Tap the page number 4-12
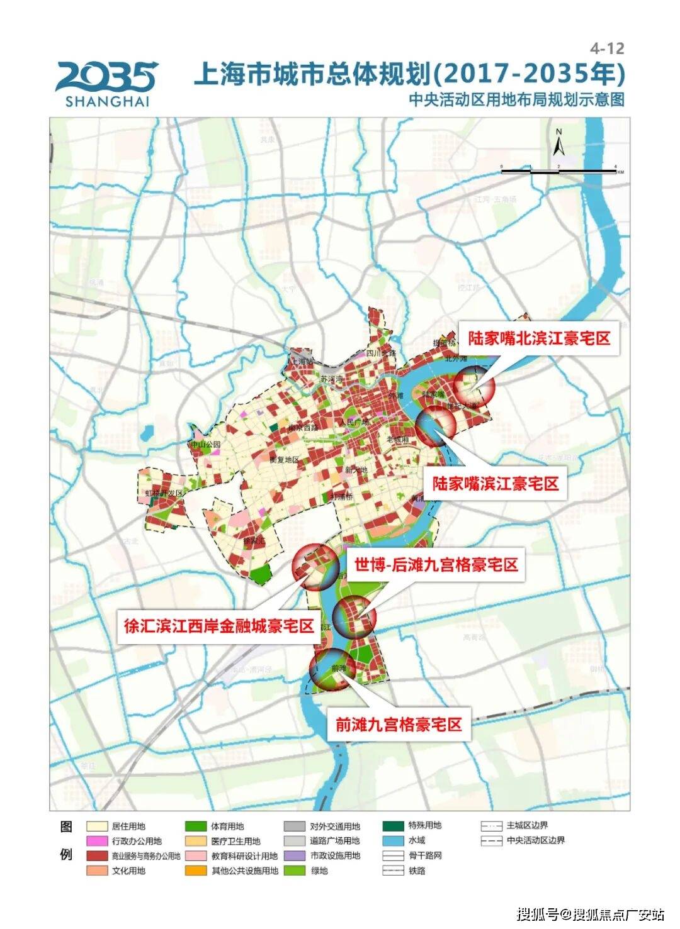click(x=607, y=48)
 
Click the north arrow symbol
click(x=558, y=143)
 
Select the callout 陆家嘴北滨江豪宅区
click(x=539, y=338)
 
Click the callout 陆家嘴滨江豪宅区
click(x=495, y=484)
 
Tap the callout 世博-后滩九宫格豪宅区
click(x=435, y=565)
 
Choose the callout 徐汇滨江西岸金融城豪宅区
click(x=218, y=626)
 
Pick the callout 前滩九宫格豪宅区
click(x=399, y=724)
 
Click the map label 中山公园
click(x=207, y=444)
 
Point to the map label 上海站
click(x=302, y=361)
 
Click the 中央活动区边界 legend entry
click(x=523, y=841)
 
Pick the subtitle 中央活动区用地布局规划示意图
click(x=516, y=99)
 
